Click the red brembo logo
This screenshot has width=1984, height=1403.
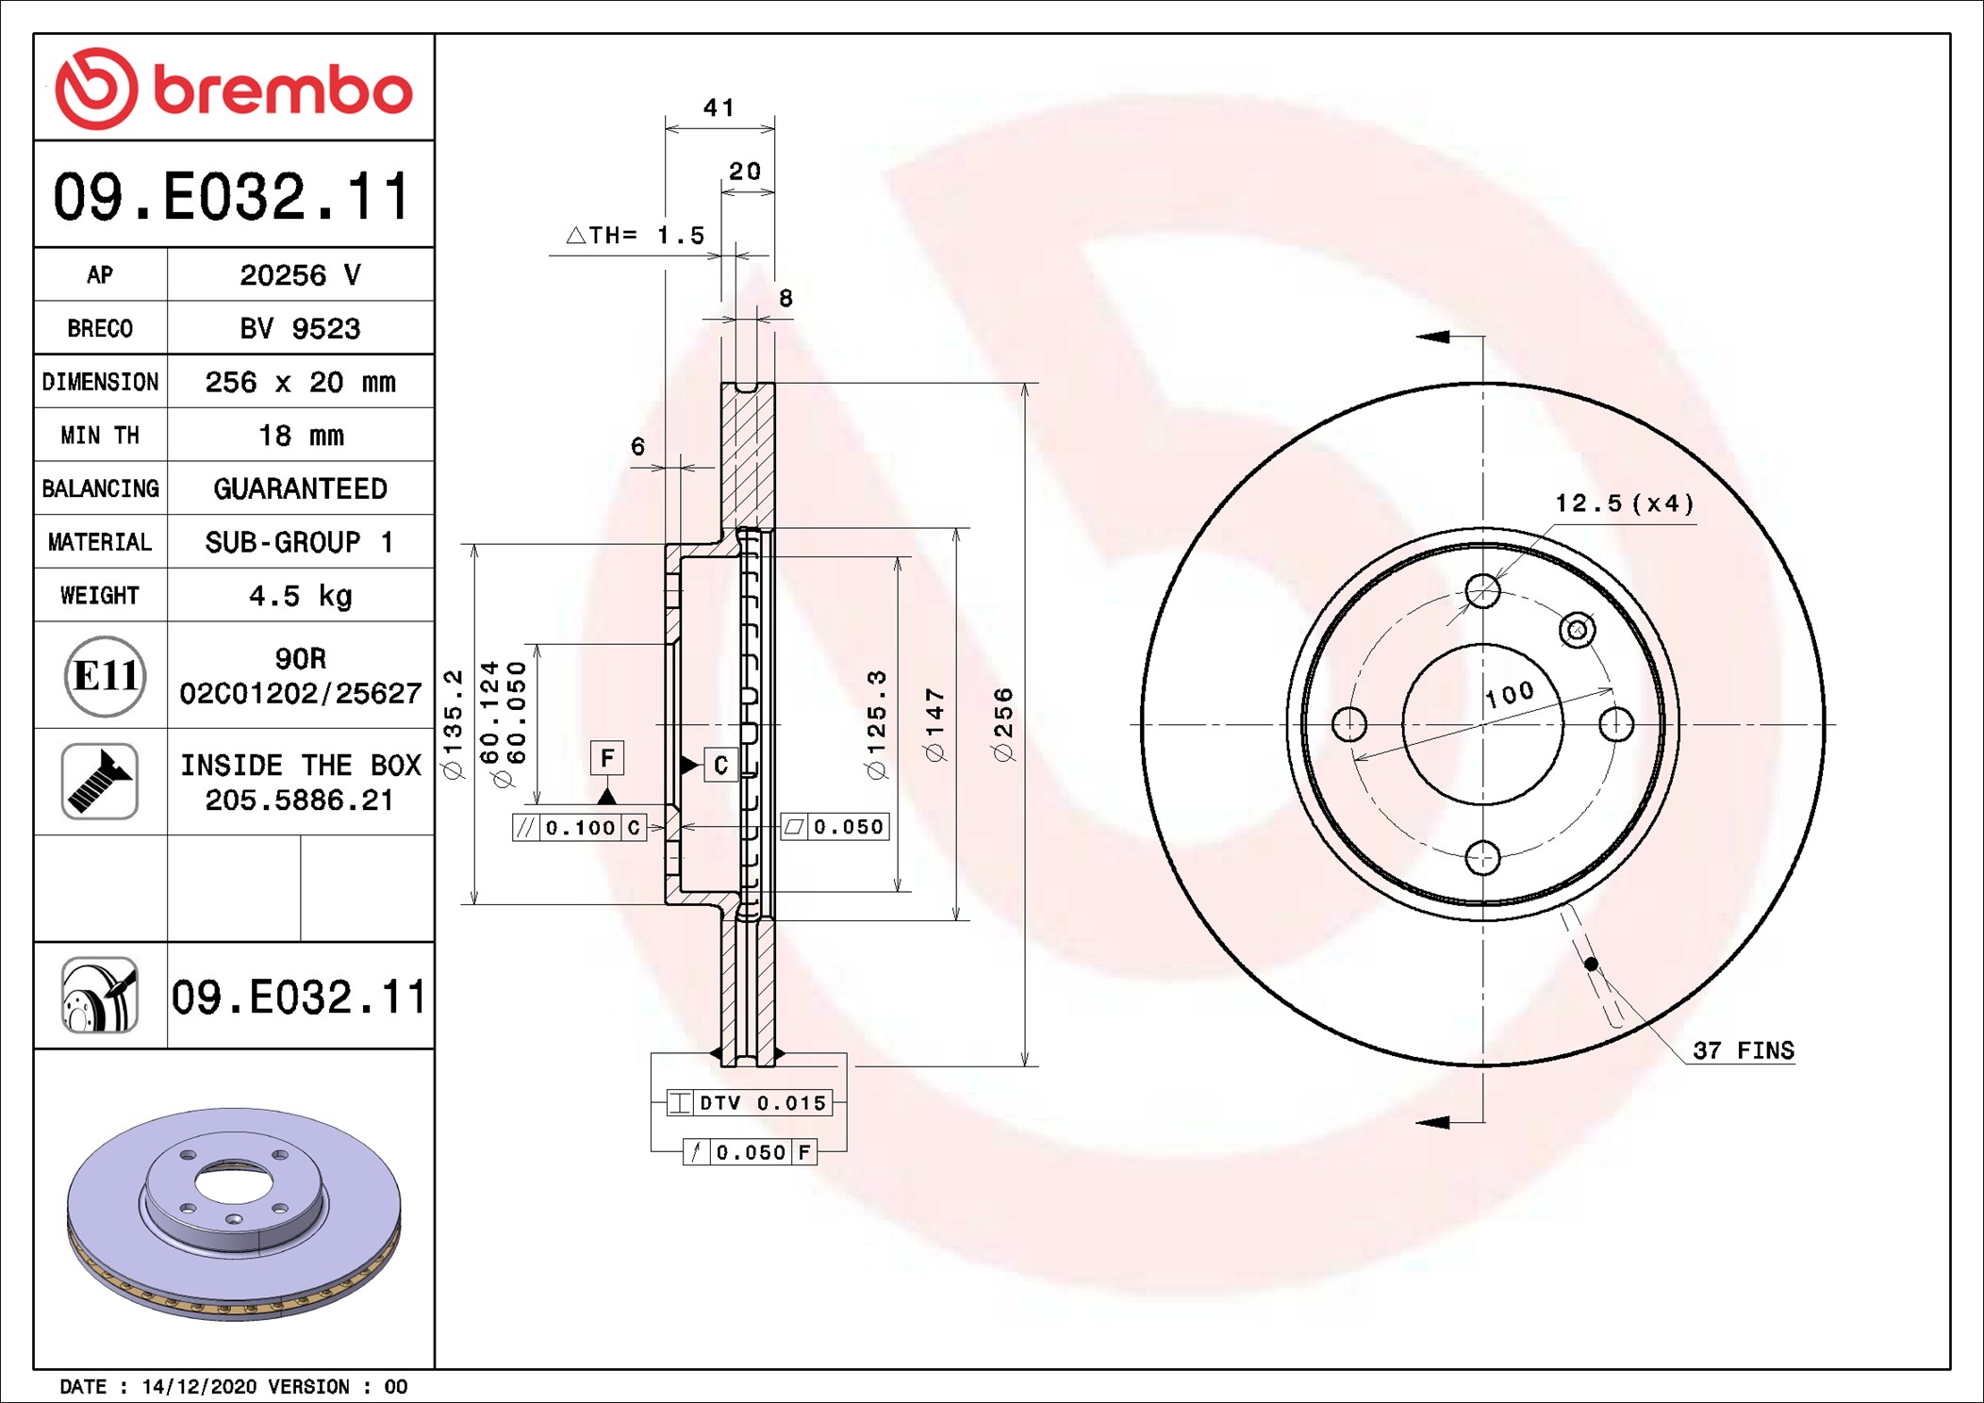[x=234, y=89]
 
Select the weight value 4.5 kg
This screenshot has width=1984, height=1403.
[x=301, y=596]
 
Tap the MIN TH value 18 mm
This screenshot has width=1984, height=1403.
[x=301, y=436]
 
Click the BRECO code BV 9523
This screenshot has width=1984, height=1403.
[x=300, y=328]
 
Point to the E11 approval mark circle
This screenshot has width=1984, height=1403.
[x=105, y=676]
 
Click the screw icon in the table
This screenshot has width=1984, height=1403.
[x=100, y=782]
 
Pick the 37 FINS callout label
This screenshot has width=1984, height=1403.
[x=1744, y=1050]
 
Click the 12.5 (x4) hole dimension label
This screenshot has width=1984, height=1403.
[x=1624, y=503]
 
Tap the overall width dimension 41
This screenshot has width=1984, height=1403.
[x=719, y=107]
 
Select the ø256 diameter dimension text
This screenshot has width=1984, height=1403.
[x=1003, y=724]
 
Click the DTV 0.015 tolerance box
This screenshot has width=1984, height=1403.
[x=750, y=1102]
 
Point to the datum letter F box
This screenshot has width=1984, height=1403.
[x=607, y=758]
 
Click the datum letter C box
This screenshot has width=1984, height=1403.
[x=721, y=765]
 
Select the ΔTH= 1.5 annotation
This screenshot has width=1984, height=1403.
[x=636, y=235]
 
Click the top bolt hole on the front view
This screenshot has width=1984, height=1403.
[x=1482, y=591]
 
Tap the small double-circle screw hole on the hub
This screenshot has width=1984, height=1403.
[x=1578, y=630]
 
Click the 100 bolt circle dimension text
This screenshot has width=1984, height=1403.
[x=1510, y=695]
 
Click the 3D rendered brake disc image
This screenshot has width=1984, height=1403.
[x=234, y=1213]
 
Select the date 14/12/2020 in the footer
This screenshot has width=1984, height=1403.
[x=199, y=1387]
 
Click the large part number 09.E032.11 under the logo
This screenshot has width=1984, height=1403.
[x=232, y=197]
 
